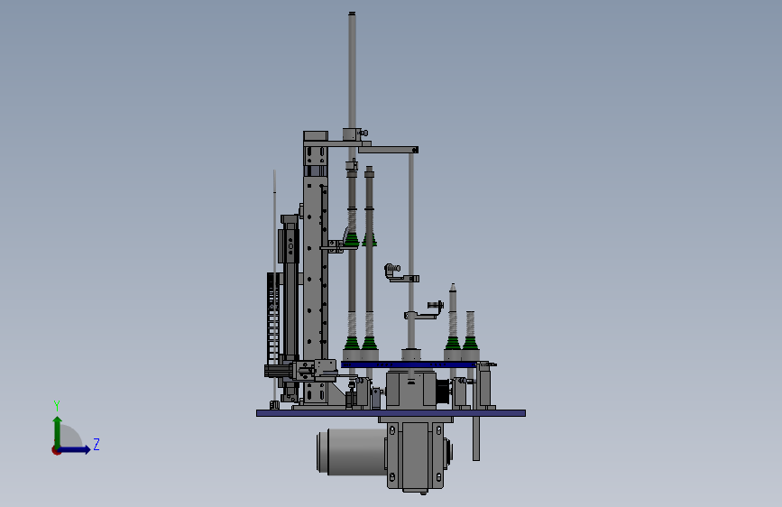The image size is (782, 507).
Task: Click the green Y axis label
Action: click(x=57, y=405)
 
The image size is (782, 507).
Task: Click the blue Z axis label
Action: click(x=97, y=444)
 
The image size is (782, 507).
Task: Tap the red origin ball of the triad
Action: click(x=56, y=450)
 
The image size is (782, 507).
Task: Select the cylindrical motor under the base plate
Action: click(x=351, y=451)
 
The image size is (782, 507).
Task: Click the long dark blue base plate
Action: click(x=391, y=413)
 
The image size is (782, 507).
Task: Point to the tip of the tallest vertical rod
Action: click(x=352, y=13)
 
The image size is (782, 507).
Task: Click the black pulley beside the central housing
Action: click(x=443, y=392)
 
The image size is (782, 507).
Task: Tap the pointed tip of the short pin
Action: click(x=453, y=284)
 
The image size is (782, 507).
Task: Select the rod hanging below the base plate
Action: click(x=476, y=438)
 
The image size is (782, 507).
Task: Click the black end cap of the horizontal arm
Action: click(x=415, y=150)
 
